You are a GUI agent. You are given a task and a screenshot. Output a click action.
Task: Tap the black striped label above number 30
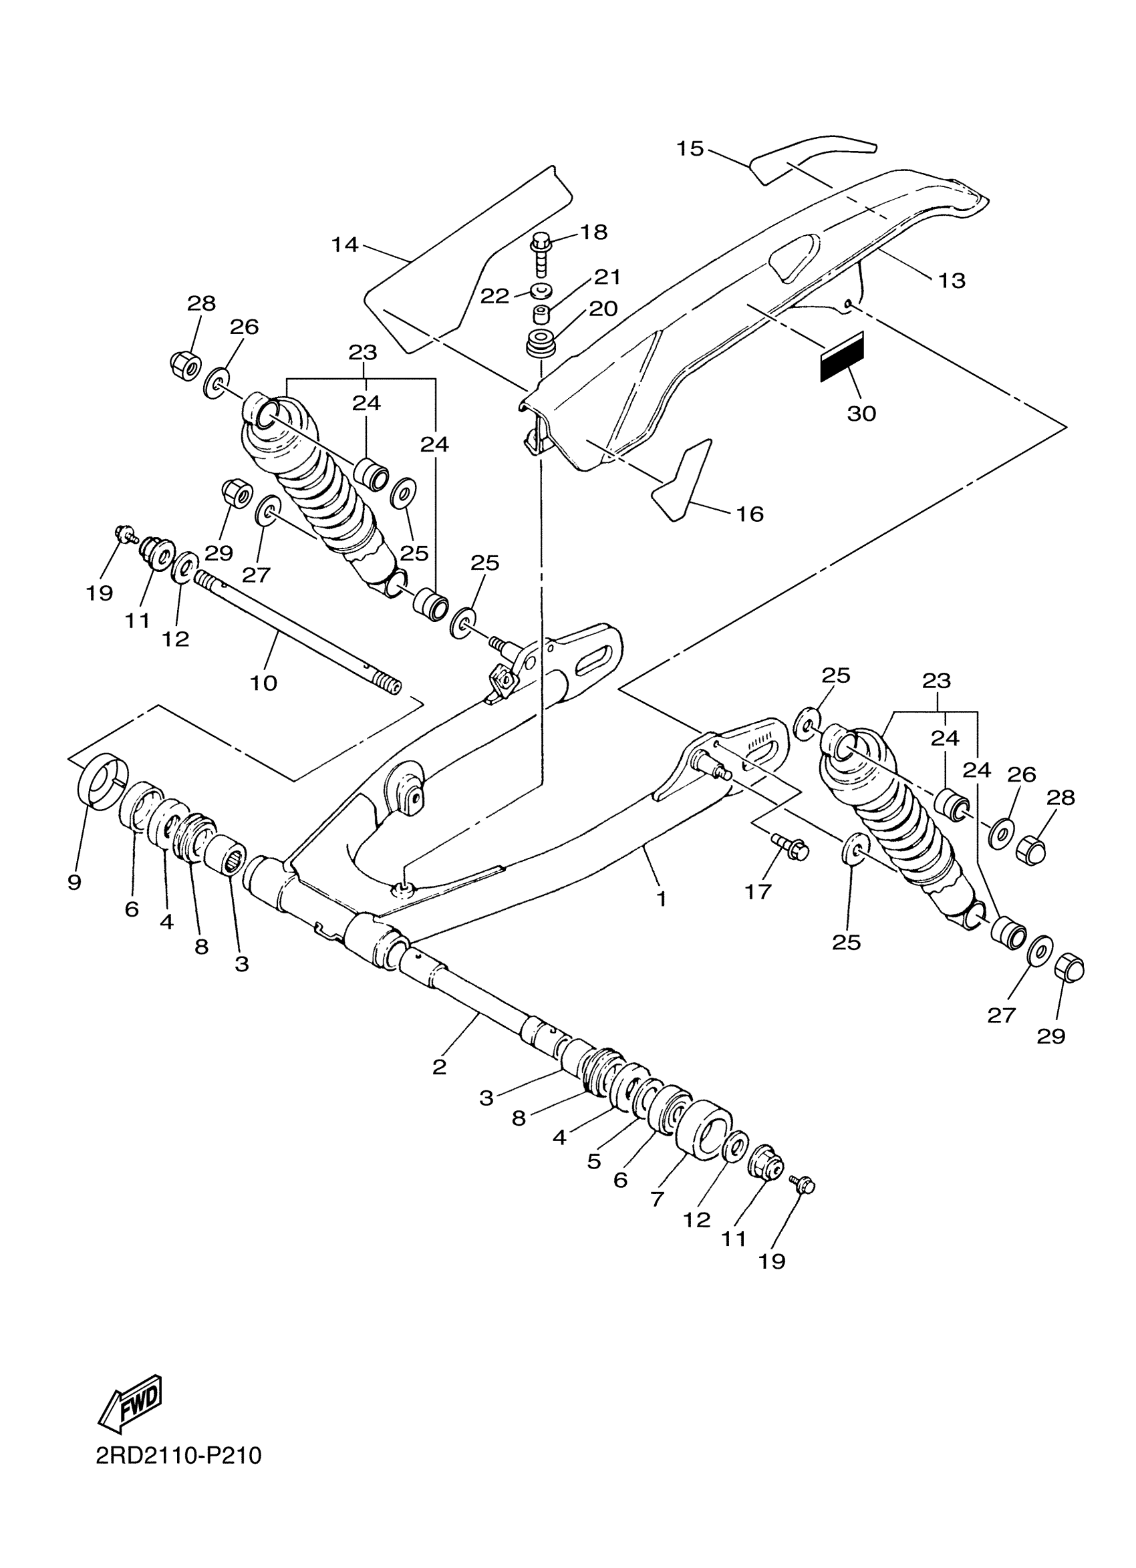(x=841, y=356)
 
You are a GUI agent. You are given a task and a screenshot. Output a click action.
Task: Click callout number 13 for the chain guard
(x=952, y=280)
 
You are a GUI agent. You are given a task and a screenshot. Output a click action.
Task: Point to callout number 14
(x=344, y=244)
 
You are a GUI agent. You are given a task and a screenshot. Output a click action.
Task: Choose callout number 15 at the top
(x=690, y=148)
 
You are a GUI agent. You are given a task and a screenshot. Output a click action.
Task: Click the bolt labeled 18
(x=541, y=254)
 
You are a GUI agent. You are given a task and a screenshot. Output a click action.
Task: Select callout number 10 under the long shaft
(x=263, y=683)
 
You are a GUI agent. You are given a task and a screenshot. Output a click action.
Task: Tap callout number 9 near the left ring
(x=75, y=881)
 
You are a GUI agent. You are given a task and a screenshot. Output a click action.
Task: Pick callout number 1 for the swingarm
(x=662, y=899)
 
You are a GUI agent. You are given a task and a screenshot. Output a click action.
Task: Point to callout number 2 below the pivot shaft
(x=439, y=1067)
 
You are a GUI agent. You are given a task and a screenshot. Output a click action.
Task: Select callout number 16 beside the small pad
(x=750, y=514)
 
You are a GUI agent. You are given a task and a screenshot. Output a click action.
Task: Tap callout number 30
(x=861, y=414)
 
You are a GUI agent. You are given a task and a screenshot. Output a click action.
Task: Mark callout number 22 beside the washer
(x=494, y=296)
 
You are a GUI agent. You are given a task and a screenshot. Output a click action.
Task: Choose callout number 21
(x=607, y=277)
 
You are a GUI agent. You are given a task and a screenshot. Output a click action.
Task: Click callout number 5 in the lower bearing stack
(x=594, y=1162)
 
